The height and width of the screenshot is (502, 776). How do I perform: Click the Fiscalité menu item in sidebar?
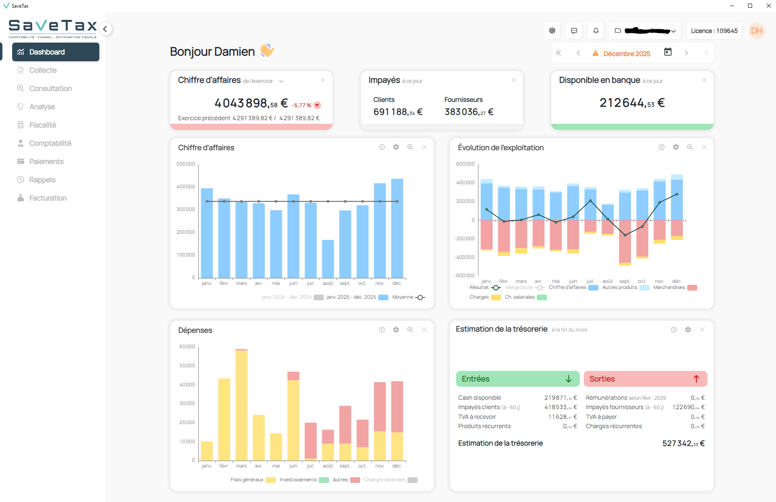point(42,125)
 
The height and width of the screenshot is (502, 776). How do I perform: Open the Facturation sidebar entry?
point(47,198)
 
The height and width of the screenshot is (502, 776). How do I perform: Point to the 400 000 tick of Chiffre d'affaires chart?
point(186,187)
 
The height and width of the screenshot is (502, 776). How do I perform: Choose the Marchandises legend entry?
point(675,287)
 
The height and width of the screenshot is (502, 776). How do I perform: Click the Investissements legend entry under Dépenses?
point(304,480)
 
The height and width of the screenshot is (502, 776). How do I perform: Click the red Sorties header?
point(645,379)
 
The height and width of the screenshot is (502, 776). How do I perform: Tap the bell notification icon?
point(596,31)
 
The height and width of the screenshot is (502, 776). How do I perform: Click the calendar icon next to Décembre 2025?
point(668,52)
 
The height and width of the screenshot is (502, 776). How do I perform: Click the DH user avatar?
point(756,31)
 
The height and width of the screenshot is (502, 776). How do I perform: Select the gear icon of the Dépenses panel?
point(396,330)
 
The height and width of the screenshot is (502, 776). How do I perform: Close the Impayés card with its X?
point(514,80)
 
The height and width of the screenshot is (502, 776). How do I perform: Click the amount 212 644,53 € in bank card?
point(632,103)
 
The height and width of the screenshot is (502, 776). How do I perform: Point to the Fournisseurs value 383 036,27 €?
point(469,112)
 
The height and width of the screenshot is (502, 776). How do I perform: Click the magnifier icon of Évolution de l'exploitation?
point(690,147)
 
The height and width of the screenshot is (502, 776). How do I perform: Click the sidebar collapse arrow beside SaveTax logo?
point(105,29)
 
